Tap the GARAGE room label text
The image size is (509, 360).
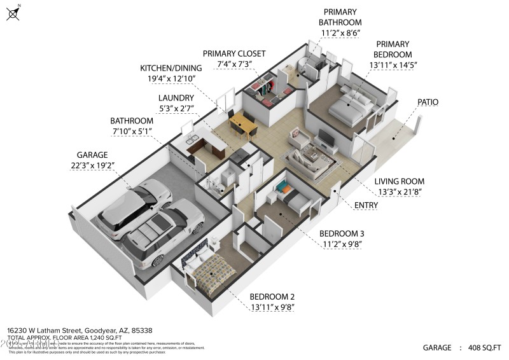pyautogui.click(x=92, y=155)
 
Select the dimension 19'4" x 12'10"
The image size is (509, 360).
pyautogui.click(x=171, y=79)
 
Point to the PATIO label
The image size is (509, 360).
pyautogui.click(x=428, y=102)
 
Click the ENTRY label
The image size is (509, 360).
pyautogui.click(x=366, y=205)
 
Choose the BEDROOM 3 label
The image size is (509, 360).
pyautogui.click(x=342, y=233)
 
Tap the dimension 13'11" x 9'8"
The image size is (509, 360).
pyautogui.click(x=272, y=307)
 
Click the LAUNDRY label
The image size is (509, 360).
pyautogui.click(x=176, y=98)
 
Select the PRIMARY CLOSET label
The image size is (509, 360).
pyautogui.click(x=234, y=54)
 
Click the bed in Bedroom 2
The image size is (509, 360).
pyautogui.click(x=211, y=271)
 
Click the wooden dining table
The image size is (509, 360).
pyautogui.click(x=242, y=121)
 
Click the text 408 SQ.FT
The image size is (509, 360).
pyautogui.click(x=484, y=348)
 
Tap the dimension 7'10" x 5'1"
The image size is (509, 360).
pyautogui.click(x=132, y=131)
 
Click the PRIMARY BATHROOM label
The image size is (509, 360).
pyautogui.click(x=340, y=17)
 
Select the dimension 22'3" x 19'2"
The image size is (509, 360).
pyautogui.click(x=92, y=165)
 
